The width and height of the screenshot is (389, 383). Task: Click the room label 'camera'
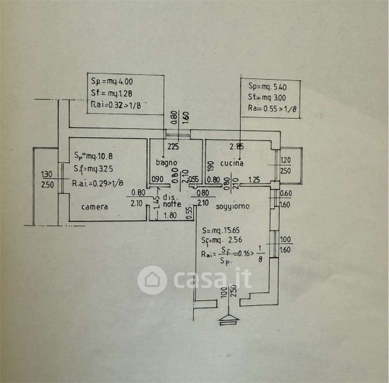94,207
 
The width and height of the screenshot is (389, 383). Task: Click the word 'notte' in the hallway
172,204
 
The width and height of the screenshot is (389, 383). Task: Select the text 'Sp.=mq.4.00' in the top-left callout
112,82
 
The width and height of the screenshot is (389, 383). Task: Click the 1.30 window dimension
47,174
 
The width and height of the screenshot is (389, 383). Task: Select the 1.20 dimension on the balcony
286,160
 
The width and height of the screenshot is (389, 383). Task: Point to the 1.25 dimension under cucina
253,179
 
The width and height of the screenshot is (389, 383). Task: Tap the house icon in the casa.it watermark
152,280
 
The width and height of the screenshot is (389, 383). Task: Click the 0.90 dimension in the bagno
157,179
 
